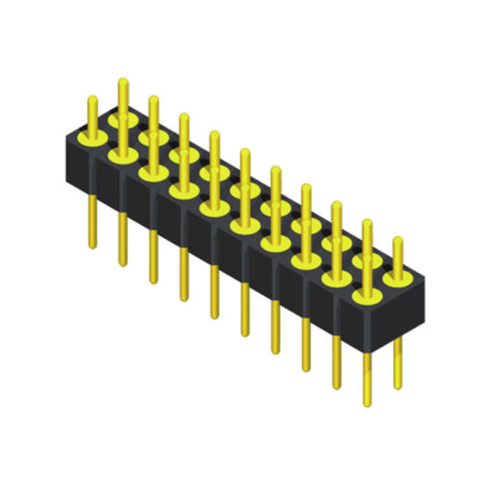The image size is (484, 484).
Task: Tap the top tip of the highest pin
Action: pos(122,81)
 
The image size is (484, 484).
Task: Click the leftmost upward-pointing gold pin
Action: pos(92,117)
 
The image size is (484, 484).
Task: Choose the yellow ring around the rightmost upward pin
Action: pos(397,277)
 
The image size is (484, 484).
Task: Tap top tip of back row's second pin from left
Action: pos(153,99)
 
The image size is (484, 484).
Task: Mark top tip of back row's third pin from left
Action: pos(183,116)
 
